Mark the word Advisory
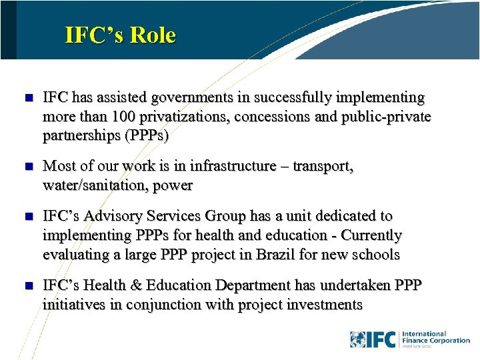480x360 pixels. tap(117, 216)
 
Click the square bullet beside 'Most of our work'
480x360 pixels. tap(27, 167)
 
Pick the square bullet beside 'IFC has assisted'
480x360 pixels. tap(27, 98)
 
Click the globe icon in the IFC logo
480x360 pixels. tap(357, 339)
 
